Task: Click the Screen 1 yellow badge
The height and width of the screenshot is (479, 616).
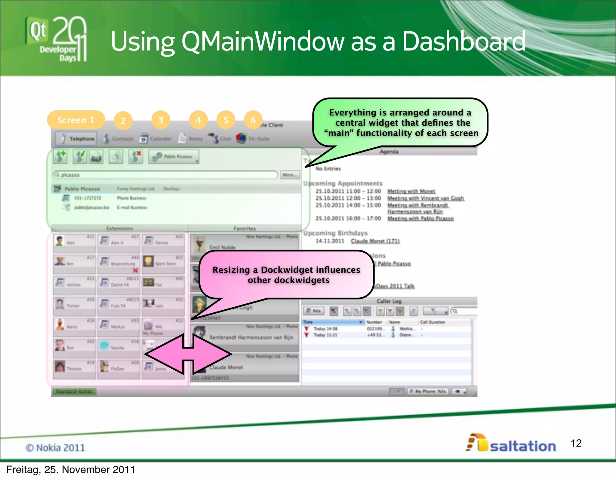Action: [x=76, y=120]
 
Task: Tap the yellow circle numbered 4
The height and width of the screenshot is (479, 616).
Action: [x=198, y=120]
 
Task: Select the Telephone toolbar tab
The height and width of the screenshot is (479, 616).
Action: [x=76, y=139]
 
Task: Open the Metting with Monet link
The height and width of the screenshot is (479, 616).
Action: [x=411, y=191]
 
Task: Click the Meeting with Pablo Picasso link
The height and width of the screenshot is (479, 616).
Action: [x=420, y=218]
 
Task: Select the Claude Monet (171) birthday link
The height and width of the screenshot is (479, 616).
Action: [x=375, y=241]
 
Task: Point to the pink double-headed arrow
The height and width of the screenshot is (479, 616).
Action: [x=188, y=354]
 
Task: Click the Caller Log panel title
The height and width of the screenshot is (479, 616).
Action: [x=389, y=301]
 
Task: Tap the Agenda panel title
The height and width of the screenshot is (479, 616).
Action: [x=389, y=152]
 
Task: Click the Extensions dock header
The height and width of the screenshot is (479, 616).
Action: [x=119, y=229]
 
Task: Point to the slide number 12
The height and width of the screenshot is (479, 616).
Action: [x=576, y=443]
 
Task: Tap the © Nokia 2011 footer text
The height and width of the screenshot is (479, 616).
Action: [x=55, y=448]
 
